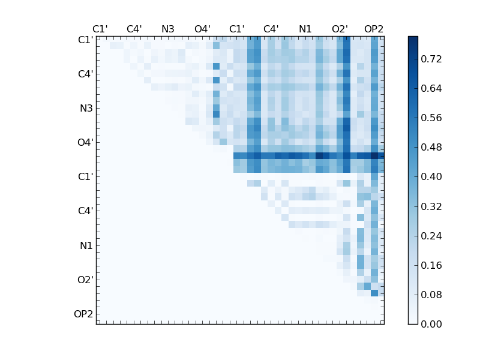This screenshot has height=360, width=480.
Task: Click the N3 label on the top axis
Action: click(x=168, y=29)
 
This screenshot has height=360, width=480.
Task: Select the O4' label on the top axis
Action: click(x=202, y=29)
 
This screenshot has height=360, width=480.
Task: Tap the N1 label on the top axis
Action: click(x=305, y=29)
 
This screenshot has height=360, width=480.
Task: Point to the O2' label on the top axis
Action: click(x=340, y=29)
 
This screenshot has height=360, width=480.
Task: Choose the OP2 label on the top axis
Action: click(x=374, y=29)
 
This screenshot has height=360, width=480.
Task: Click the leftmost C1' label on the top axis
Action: click(x=100, y=29)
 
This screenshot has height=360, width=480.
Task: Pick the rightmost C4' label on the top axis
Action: click(x=271, y=29)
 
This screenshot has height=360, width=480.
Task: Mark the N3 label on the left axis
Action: click(x=86, y=109)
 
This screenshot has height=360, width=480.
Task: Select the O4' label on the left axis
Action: click(x=85, y=143)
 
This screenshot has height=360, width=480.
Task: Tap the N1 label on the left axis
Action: click(x=86, y=245)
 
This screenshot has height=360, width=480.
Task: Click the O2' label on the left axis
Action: click(x=85, y=280)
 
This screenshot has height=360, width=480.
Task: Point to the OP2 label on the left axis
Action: click(x=83, y=314)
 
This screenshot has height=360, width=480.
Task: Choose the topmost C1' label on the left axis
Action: click(x=85, y=40)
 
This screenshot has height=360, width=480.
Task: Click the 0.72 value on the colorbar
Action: click(x=432, y=59)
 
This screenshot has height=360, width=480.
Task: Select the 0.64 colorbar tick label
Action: click(x=432, y=88)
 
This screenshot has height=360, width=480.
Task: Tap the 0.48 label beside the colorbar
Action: click(x=432, y=147)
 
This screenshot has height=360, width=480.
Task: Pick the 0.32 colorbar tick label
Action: click(x=432, y=206)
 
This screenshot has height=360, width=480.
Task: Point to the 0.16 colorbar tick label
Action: click(x=432, y=265)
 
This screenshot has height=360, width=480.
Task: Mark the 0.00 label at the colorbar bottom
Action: click(x=432, y=324)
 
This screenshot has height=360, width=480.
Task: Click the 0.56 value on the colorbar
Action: click(x=432, y=118)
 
